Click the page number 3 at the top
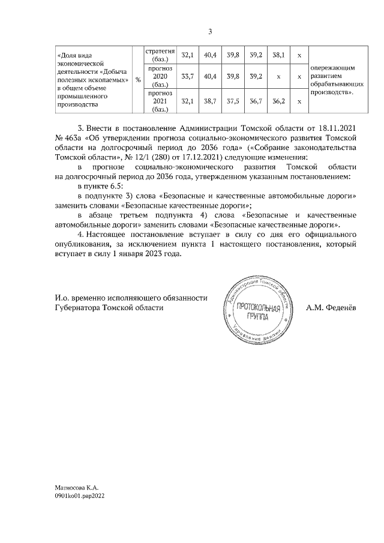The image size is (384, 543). point(210,32)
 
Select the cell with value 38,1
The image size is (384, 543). point(278,55)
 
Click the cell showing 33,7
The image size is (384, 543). point(187,77)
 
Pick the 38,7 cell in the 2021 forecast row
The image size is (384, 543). point(211,101)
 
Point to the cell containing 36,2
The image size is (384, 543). point(278,101)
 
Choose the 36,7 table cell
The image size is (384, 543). point(256,101)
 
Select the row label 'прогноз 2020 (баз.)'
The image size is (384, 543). point(160,77)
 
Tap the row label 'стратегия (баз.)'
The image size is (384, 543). point(160,55)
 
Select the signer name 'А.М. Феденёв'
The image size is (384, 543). point(331,307)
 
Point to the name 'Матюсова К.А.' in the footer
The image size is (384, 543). point(76,490)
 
